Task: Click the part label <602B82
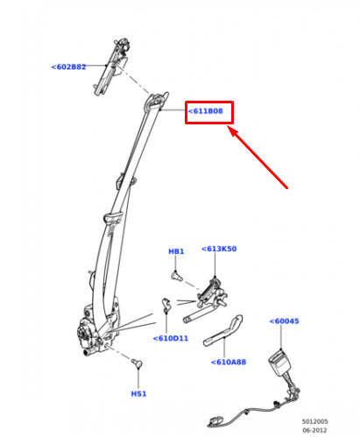click(x=68, y=67)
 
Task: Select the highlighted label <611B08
click(x=206, y=111)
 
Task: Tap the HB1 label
click(x=176, y=251)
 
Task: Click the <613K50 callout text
click(x=219, y=249)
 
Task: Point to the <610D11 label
click(x=171, y=338)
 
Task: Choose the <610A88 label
click(x=229, y=362)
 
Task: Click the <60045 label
click(x=284, y=321)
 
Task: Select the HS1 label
click(x=138, y=394)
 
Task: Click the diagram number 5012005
click(x=314, y=421)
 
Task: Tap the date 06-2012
click(x=314, y=430)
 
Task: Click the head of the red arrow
click(x=229, y=127)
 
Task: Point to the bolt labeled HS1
click(x=137, y=363)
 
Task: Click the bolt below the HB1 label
click(x=176, y=276)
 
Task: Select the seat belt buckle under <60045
click(x=280, y=363)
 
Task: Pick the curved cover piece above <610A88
click(x=223, y=331)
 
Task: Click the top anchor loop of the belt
click(x=156, y=101)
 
